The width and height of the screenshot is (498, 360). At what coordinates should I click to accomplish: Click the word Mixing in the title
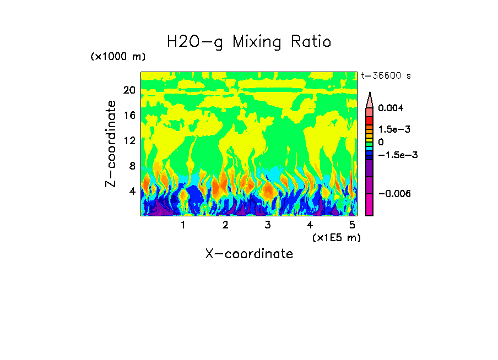[260, 42]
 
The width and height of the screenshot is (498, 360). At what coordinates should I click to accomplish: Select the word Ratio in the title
[311, 42]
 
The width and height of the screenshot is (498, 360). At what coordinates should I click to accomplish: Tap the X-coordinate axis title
[249, 254]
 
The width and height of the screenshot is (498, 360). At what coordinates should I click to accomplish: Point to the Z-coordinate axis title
[112, 144]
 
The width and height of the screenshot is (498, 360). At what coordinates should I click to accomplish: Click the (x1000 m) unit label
[118, 57]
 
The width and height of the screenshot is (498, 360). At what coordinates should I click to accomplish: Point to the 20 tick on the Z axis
[129, 90]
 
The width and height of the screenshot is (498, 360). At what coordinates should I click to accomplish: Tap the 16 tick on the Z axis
[129, 116]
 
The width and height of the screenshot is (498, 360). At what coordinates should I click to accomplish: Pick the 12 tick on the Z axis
[129, 140]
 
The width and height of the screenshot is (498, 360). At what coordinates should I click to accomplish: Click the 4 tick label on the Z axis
[132, 191]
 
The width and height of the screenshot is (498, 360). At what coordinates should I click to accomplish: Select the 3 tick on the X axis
[267, 225]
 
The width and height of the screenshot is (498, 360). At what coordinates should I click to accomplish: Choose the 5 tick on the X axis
[352, 225]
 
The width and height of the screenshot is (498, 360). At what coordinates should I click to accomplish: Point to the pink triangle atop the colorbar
[369, 100]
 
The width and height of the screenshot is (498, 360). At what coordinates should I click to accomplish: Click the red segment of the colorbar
[369, 121]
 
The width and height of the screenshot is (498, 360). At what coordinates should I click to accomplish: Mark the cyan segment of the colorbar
[369, 149]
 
